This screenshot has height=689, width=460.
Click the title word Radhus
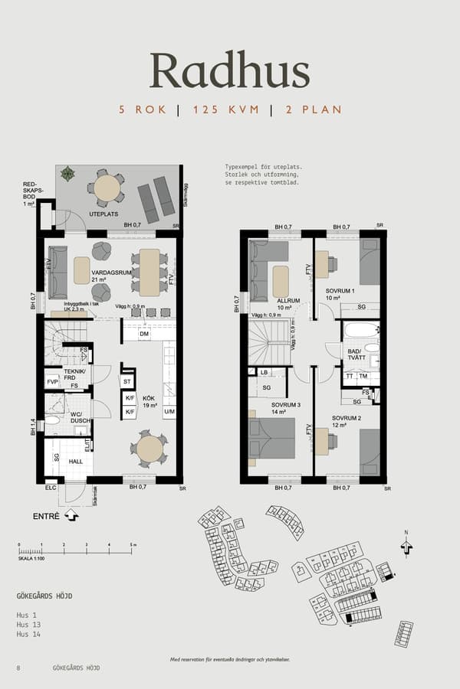[x=229, y=70]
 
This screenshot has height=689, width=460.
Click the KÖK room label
[x=149, y=397]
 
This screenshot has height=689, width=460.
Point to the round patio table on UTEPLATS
[x=107, y=187]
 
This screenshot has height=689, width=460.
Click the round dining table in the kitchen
[x=149, y=449]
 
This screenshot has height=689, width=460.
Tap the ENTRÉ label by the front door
[x=46, y=517]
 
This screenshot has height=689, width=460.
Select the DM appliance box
[x=144, y=334]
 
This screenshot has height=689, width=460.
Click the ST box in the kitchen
[x=127, y=380]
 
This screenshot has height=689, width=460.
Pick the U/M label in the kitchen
[x=169, y=413]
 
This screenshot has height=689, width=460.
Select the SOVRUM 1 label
[x=340, y=292]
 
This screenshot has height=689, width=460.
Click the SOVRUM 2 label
[x=346, y=419]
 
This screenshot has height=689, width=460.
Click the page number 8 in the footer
[x=18, y=668]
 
